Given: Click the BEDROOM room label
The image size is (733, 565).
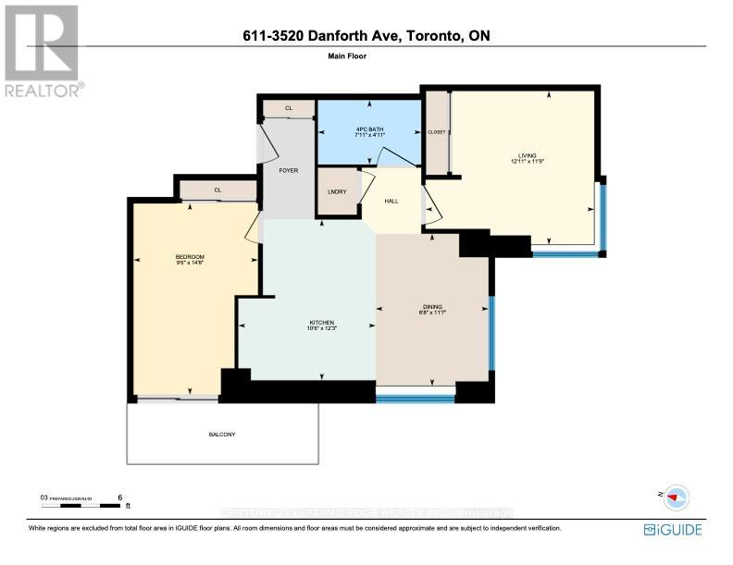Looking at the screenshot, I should click(x=190, y=256).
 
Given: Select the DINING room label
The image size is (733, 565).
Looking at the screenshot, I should click(x=432, y=306).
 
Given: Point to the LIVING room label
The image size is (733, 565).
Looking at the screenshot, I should click(x=527, y=155).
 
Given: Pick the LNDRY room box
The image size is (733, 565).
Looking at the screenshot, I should click(x=338, y=191).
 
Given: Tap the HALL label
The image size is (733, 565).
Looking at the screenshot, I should click(x=391, y=201).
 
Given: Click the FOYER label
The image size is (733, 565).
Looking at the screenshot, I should click(x=288, y=170).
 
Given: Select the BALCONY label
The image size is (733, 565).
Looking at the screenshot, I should click(x=222, y=435).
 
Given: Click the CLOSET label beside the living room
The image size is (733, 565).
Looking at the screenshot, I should click(x=437, y=132).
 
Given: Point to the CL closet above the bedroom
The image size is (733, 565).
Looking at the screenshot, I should click(x=218, y=190).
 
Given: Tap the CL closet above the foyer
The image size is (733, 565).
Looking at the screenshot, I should click(x=288, y=108).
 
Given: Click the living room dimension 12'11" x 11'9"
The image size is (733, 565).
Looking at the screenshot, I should click(x=527, y=162).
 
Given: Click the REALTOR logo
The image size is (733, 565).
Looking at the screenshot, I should click(x=43, y=51).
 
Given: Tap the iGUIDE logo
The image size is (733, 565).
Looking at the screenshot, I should click(x=673, y=530).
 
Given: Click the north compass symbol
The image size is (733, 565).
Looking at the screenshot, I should click(x=676, y=496).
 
